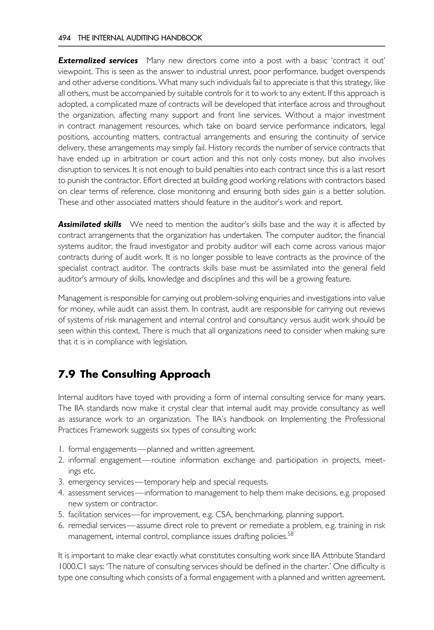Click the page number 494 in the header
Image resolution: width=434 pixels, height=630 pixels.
click(x=64, y=38)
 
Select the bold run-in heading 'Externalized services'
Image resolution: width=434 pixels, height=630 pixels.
click(x=98, y=61)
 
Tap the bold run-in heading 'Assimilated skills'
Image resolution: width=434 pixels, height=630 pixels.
click(x=90, y=224)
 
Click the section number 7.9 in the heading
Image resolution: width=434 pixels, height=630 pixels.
click(x=67, y=374)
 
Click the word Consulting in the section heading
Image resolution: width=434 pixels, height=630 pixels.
click(x=131, y=374)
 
